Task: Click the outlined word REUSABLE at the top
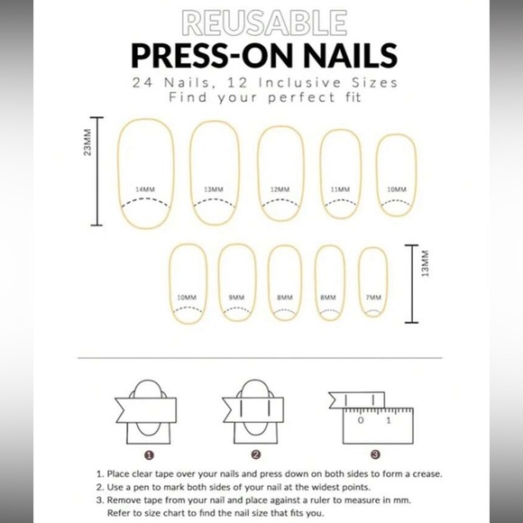point(262,22)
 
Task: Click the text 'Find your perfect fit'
point(261,96)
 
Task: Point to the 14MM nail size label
point(144,189)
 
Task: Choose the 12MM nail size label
point(280,189)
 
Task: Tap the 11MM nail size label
point(340,189)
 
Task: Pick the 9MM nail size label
point(236,297)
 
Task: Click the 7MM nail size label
point(373,297)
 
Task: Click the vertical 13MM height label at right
point(427,269)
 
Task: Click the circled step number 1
point(149,454)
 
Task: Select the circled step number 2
point(256,454)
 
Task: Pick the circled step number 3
point(375,454)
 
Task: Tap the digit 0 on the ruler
point(361,420)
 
